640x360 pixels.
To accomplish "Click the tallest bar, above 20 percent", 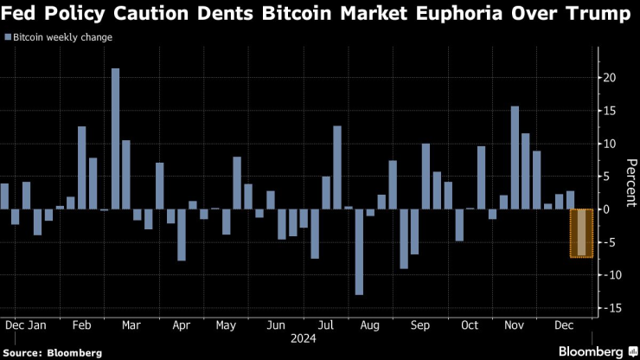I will [115, 138].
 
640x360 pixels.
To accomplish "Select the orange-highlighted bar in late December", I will [581, 232].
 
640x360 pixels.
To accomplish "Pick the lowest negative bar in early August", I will [359, 251].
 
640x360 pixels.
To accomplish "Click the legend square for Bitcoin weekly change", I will [9, 38].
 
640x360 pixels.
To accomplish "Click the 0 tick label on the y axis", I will [606, 209].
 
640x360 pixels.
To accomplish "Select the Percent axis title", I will [631, 183].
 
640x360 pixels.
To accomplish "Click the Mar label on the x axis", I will [131, 325].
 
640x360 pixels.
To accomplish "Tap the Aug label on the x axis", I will [369, 325].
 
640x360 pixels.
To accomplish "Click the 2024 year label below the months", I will [304, 338].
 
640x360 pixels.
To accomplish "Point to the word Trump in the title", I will [588, 15].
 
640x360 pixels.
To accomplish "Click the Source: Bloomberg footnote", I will [51, 352].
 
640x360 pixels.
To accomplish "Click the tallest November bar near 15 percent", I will [515, 157].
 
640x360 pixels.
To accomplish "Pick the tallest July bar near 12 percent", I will [337, 167].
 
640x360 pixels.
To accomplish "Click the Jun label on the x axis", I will [276, 325].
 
